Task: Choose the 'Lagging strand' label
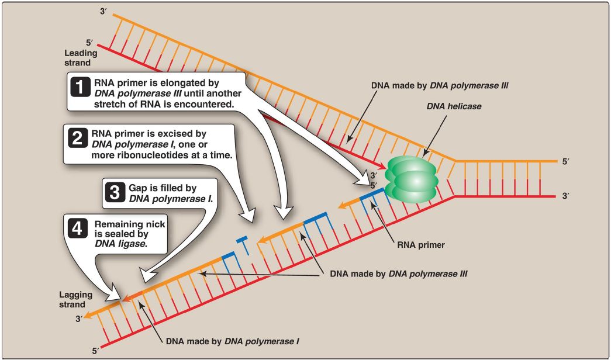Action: click(72, 300)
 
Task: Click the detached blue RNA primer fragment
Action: click(241, 240)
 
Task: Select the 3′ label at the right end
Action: click(565, 196)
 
